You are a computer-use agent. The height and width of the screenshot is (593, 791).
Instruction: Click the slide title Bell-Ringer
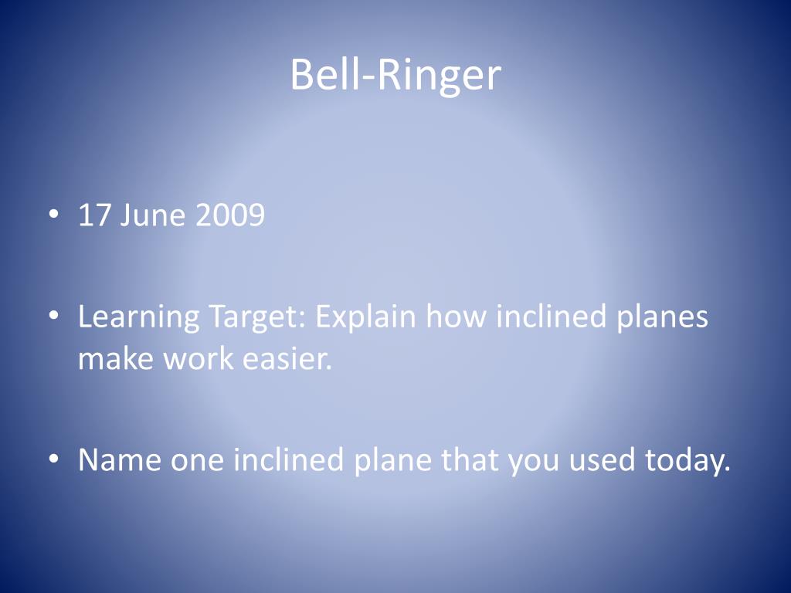(x=395, y=76)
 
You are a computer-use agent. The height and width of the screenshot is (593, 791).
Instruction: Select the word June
(x=153, y=215)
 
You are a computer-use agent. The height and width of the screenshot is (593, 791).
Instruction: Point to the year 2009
(x=229, y=215)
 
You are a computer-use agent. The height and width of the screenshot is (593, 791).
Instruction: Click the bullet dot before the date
(x=53, y=216)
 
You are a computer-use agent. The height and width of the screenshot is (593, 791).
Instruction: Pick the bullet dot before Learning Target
(x=53, y=317)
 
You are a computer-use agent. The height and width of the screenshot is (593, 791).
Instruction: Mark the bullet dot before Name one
(x=53, y=460)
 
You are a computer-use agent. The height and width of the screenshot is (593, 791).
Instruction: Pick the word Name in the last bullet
(x=120, y=460)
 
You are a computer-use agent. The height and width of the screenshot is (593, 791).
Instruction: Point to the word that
(x=470, y=460)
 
